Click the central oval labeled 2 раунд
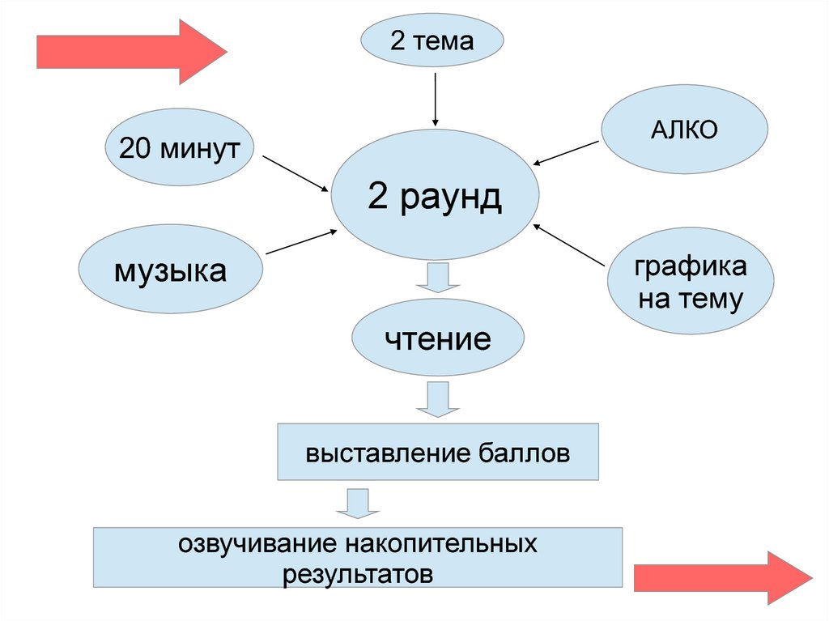click(435, 198)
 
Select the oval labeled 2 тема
click(432, 41)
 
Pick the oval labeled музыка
click(171, 269)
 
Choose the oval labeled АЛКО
click(684, 130)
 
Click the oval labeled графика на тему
click(691, 283)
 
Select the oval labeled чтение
click(438, 338)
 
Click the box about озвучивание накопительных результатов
click(358, 558)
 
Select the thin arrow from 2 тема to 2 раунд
click(436, 100)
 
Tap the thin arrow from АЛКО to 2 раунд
click(567, 152)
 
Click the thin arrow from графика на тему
click(571, 245)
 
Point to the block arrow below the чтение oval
click(438, 398)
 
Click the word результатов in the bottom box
click(358, 574)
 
